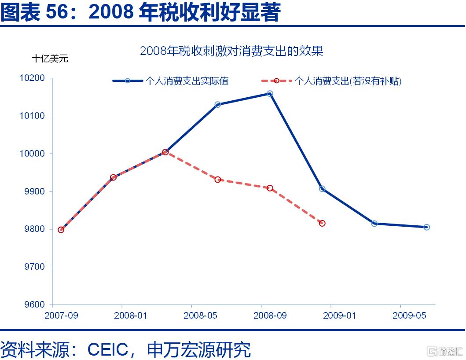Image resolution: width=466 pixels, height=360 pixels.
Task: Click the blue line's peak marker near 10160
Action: (270, 94)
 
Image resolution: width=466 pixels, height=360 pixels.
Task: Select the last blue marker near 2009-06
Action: (426, 227)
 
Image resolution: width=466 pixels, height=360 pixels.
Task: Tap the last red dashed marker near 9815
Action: (322, 223)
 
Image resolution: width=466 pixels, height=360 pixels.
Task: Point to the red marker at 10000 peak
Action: (165, 152)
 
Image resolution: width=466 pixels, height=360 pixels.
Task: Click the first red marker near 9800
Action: (61, 230)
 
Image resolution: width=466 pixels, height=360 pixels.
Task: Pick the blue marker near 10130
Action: (217, 104)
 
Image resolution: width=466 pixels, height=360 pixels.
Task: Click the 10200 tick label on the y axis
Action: (32, 78)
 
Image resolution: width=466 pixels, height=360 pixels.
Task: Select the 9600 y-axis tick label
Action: (34, 305)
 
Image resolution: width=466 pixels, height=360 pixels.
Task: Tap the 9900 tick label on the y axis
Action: (34, 191)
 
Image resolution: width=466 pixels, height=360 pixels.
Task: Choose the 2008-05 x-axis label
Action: (200, 316)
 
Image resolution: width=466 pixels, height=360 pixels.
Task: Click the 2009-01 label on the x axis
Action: (340, 316)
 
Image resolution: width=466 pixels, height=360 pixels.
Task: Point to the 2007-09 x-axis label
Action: (61, 316)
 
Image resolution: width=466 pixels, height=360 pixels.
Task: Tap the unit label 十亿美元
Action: (50, 59)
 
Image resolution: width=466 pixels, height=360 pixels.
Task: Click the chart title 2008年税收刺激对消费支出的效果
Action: (231, 51)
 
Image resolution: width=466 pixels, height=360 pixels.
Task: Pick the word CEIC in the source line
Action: (108, 349)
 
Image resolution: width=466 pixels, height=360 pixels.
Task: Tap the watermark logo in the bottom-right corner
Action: (445, 351)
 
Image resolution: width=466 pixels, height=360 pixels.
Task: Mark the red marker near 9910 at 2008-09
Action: (270, 188)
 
